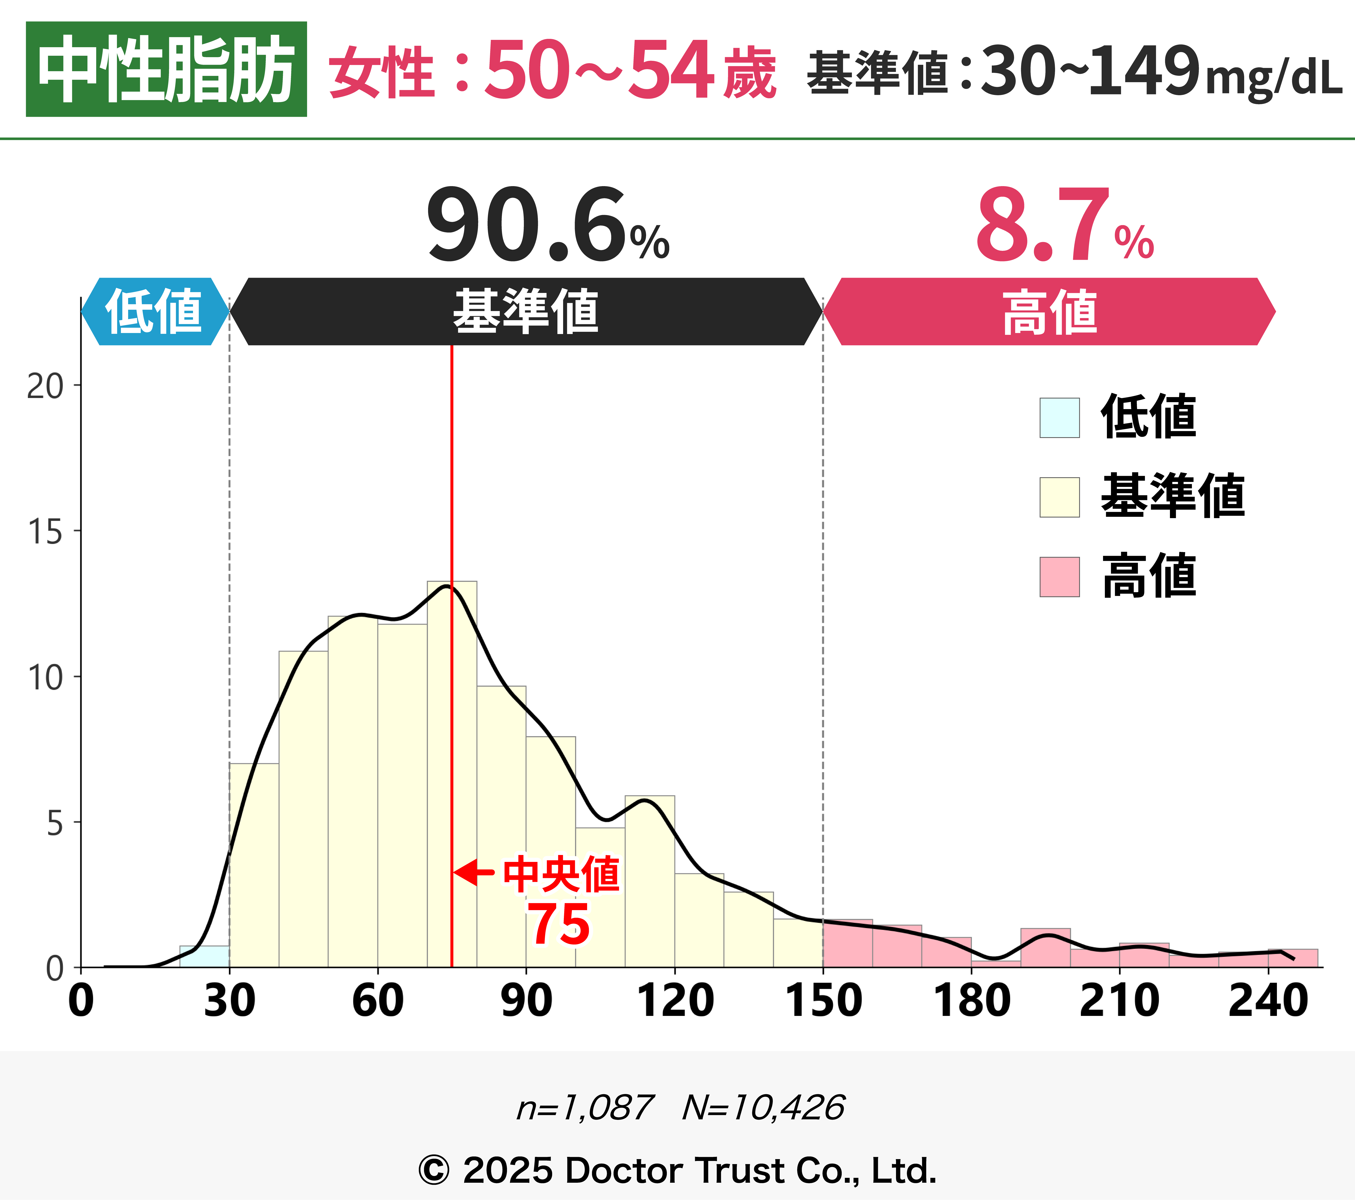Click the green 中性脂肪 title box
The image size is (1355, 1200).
(166, 69)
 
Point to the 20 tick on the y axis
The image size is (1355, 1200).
(45, 386)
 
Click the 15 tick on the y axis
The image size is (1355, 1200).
(45, 532)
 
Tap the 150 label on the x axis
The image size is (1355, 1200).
(823, 1001)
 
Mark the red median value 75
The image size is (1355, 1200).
(559, 925)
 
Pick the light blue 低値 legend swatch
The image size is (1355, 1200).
(1059, 418)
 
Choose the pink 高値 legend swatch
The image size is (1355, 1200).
(1059, 577)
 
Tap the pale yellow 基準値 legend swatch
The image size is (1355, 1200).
(1059, 497)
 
